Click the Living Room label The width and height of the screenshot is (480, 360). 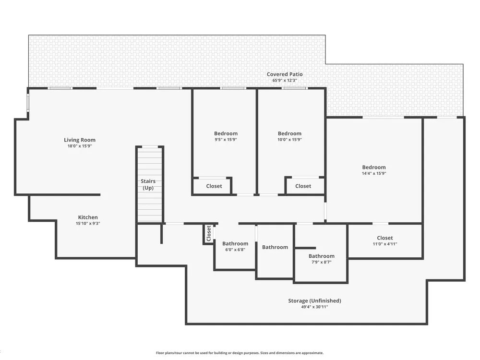click(x=80, y=140)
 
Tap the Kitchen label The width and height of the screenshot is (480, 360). click(x=88, y=217)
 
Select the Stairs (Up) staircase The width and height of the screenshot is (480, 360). click(x=150, y=184)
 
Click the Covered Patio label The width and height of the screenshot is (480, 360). click(x=285, y=74)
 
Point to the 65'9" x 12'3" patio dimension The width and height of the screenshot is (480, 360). click(x=285, y=81)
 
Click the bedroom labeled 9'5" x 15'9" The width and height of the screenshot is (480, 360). click(x=226, y=136)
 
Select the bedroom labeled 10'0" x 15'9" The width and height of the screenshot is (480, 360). click(x=289, y=136)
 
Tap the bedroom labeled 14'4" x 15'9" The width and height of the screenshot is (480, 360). click(x=374, y=170)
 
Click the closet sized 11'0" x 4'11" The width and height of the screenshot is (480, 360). click(x=385, y=241)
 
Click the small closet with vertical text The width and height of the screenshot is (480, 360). click(x=209, y=234)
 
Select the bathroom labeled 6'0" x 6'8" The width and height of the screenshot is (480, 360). click(x=235, y=246)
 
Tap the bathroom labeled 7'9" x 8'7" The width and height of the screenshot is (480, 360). click(x=321, y=259)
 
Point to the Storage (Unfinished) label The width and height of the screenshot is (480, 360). click(x=315, y=300)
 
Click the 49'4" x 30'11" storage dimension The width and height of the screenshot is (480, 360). click(x=315, y=307)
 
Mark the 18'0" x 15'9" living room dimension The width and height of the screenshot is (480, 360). click(x=80, y=146)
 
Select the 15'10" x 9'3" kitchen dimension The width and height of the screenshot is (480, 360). click(x=88, y=224)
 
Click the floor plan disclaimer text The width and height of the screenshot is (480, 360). click(x=240, y=353)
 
